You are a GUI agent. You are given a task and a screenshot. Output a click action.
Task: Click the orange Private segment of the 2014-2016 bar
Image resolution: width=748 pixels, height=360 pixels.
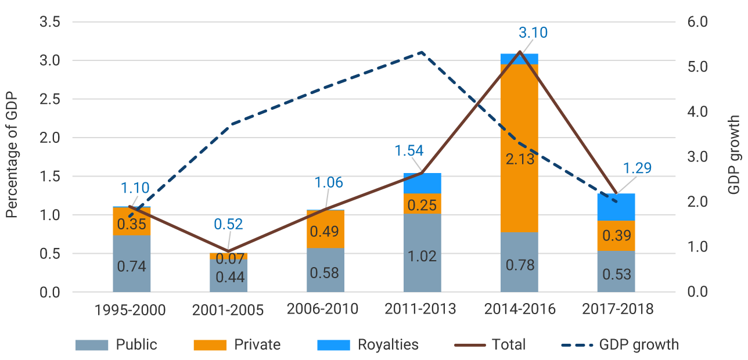519,116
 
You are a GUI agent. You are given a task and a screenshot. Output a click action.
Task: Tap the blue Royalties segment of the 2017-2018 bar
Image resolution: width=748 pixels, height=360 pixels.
616,207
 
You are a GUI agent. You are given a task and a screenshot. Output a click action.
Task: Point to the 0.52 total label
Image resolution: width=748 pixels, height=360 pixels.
228,224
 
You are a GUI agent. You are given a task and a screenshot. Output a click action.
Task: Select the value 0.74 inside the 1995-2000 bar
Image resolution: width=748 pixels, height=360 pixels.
132,267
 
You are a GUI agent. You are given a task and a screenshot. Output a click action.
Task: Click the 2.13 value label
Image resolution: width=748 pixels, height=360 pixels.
519,158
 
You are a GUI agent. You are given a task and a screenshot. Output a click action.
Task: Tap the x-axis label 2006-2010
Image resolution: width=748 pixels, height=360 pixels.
322,308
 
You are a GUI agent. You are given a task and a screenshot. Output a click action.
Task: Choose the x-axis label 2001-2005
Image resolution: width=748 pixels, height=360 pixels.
228,310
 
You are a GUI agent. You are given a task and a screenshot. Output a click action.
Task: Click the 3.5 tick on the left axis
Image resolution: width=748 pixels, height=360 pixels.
50,22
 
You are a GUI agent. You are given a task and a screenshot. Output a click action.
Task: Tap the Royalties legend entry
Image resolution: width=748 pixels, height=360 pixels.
368,344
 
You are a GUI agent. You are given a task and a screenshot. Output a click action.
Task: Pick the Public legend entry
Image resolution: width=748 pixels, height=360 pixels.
117,344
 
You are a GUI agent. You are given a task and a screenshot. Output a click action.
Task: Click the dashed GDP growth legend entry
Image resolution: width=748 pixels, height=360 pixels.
620,344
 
